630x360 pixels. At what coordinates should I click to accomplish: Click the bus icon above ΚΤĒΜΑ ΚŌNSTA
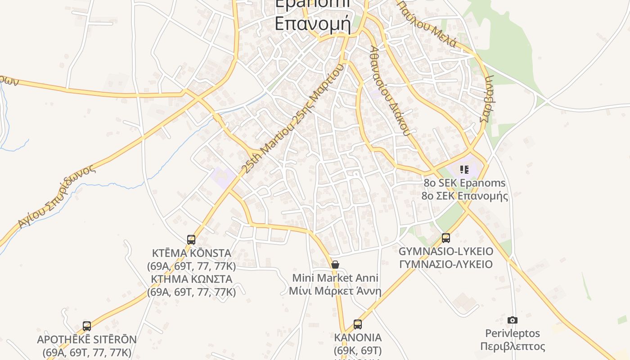point(191,239)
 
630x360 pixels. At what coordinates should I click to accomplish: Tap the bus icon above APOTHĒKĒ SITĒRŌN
point(87,326)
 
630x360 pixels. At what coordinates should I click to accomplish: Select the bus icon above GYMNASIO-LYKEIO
point(446,238)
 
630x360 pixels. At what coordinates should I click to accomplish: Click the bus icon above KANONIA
point(358,324)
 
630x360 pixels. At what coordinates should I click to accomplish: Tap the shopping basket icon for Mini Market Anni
point(335,265)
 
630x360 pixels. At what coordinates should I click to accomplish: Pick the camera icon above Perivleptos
point(512,320)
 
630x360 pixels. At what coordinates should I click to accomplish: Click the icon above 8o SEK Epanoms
point(464,170)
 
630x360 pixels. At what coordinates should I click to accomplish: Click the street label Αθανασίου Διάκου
point(390,90)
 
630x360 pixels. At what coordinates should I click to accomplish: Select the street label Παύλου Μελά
point(427,23)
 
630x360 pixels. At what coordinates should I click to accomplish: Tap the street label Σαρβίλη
point(488,99)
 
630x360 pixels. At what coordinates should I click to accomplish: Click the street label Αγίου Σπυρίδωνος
point(57,196)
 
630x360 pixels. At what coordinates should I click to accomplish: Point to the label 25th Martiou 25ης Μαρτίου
point(292,118)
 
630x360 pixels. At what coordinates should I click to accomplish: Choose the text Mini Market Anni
point(335,278)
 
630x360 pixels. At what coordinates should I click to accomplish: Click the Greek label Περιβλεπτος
point(513,346)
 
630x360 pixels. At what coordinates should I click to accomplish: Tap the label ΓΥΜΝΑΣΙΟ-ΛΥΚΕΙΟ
point(446,264)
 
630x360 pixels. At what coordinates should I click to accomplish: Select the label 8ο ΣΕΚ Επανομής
point(464,196)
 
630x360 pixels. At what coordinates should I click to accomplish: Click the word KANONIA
point(358,337)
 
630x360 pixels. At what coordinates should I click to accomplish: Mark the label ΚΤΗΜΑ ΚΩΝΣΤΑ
point(192,279)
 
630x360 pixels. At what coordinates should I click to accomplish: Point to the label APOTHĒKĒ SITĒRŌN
point(87,339)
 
